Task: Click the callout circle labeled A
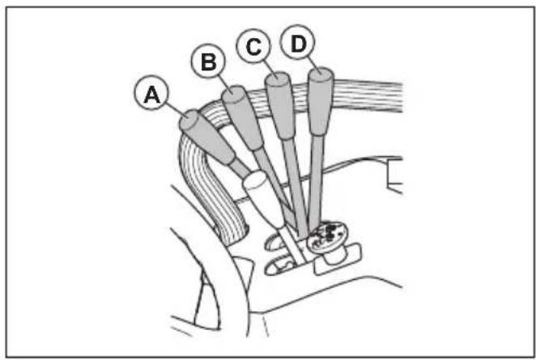point(151,92)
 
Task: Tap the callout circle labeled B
point(208,61)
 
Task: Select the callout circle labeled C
point(253,46)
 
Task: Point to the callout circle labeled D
point(297,42)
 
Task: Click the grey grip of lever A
point(207,137)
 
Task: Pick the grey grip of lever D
point(321,101)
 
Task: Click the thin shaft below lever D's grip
point(315,183)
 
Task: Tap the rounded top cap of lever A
point(189,120)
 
